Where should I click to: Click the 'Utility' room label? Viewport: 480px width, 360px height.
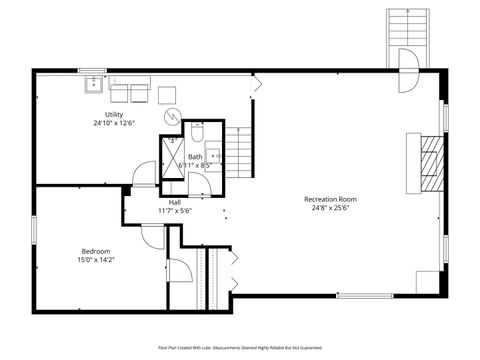tap(114, 114)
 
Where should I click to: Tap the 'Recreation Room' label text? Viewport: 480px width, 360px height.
tap(330, 199)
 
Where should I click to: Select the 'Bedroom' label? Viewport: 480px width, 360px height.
tap(96, 250)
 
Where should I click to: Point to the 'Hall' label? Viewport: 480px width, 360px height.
tap(174, 202)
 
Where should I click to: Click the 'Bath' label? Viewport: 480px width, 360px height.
tap(195, 156)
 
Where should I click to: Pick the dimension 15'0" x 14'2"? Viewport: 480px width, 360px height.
tap(96, 259)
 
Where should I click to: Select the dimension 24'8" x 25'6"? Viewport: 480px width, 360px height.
tap(330, 208)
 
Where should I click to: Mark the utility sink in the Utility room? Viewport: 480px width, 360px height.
tap(95, 84)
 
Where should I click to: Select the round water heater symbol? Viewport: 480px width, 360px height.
tap(172, 115)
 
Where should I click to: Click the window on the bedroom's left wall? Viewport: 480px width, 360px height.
tap(34, 228)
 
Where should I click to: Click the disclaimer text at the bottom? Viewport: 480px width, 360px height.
tap(240, 347)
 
